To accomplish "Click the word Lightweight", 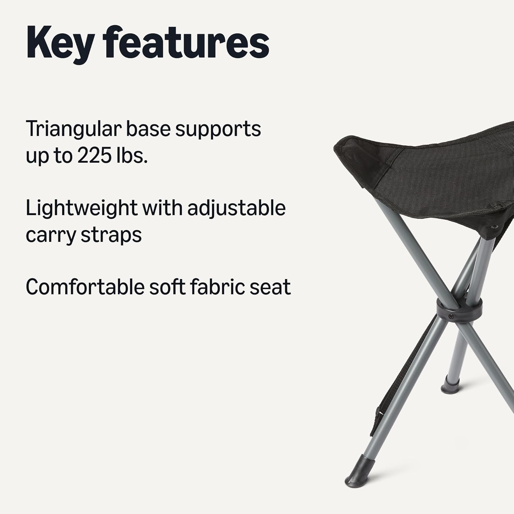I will click(81, 208).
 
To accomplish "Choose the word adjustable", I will click(236, 208).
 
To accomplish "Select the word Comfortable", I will click(85, 287).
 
